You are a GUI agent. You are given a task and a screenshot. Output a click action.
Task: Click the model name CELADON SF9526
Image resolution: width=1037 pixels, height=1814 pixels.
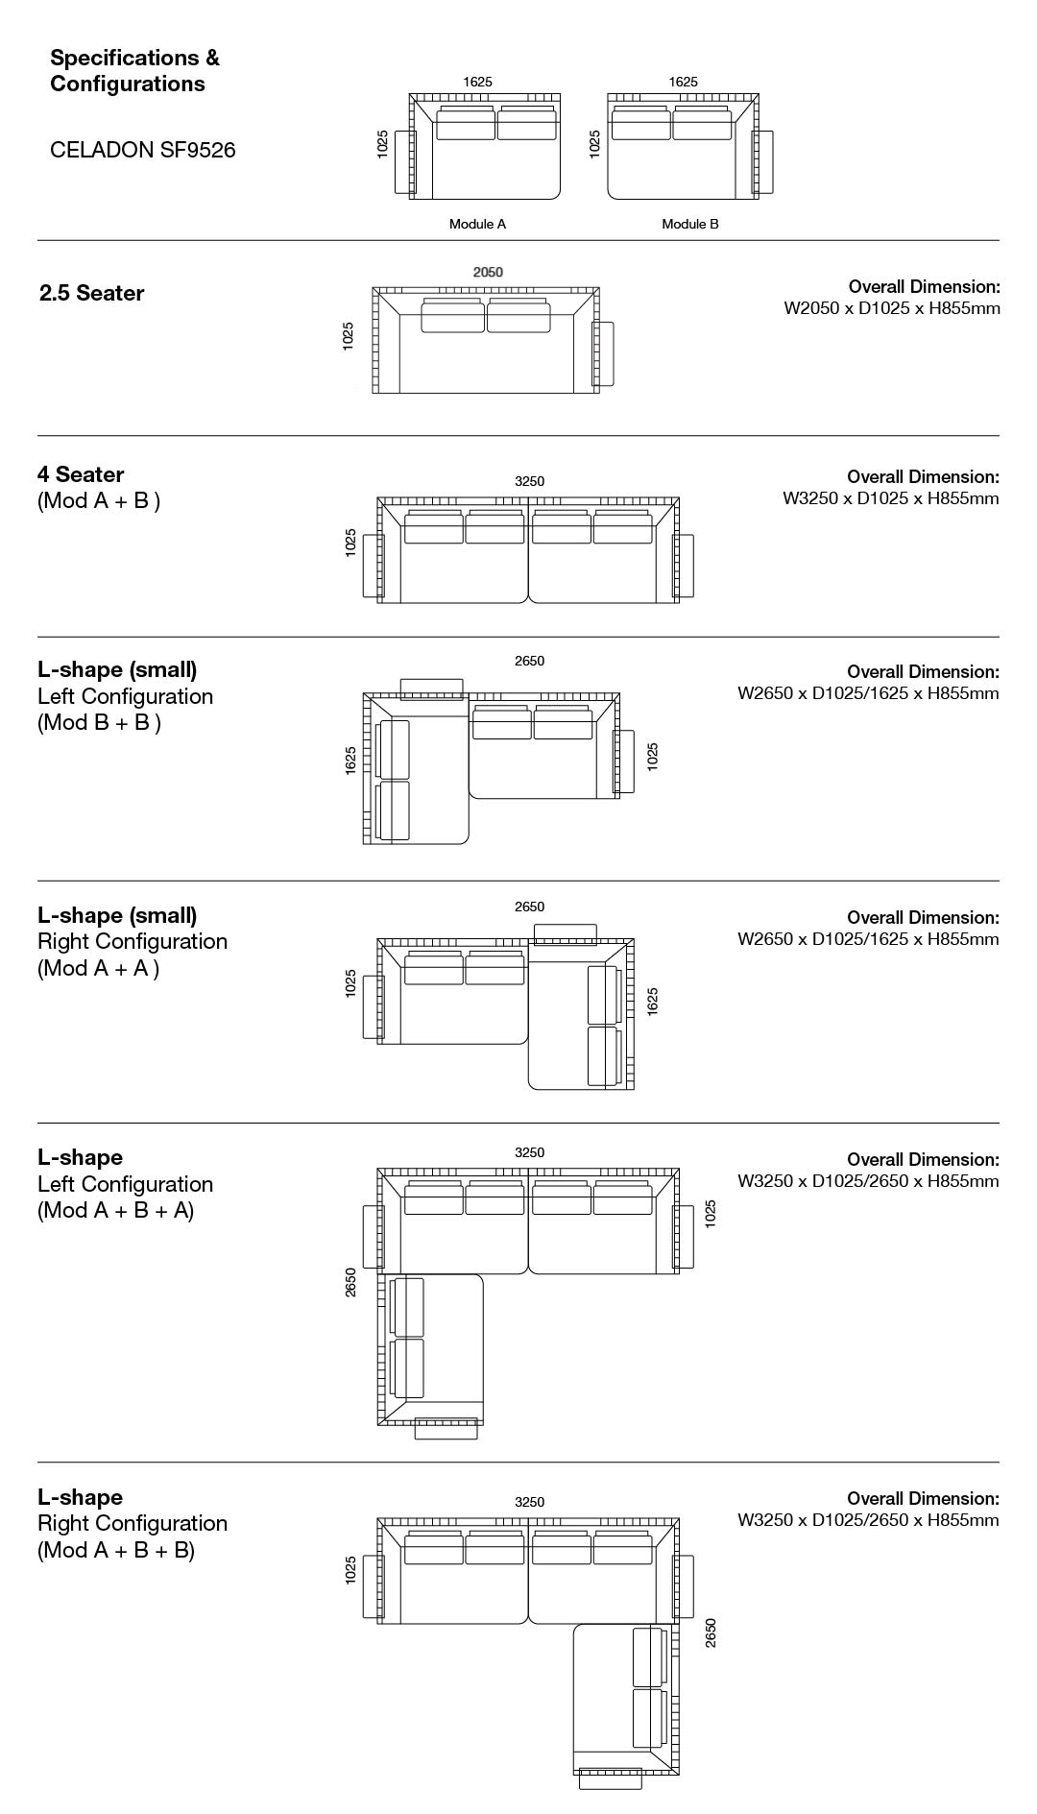pos(142,150)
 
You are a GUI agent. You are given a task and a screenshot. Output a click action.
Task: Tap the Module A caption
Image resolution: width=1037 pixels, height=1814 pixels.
pos(477,224)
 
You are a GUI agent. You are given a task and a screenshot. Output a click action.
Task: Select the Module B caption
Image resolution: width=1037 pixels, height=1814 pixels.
pos(689,224)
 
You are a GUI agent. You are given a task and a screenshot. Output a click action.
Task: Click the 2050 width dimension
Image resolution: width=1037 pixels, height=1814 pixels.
pos(488,272)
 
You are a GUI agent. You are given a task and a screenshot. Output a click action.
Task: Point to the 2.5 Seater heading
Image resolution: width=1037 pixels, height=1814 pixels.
pos(91,294)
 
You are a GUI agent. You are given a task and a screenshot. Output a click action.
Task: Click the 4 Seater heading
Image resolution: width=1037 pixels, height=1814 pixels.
pos(81,474)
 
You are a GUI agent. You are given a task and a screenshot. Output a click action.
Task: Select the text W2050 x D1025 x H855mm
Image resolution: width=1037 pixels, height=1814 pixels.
pos(892,308)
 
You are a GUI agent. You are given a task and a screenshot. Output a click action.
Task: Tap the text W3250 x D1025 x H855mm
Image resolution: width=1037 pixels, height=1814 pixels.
pos(891,498)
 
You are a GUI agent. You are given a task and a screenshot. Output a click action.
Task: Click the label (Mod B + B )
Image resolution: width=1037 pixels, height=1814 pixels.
pos(99,722)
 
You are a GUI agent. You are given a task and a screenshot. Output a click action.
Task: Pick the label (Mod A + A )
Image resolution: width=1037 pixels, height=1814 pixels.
pos(98,968)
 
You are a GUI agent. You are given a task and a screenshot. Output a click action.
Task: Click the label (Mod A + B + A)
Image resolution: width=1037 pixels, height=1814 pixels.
pos(115,1210)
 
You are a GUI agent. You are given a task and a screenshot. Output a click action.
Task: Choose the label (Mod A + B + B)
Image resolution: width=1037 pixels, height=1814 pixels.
pos(115,1550)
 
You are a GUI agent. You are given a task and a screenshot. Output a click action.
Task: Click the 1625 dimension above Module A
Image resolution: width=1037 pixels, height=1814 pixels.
pos(477,83)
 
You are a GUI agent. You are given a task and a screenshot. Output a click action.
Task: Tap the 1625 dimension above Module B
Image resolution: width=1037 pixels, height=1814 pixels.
pos(683,83)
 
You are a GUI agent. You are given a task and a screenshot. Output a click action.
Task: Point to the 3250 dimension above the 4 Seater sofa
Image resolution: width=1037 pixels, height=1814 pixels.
pos(529,481)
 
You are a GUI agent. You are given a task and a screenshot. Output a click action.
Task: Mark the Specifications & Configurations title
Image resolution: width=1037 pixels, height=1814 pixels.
pos(134,71)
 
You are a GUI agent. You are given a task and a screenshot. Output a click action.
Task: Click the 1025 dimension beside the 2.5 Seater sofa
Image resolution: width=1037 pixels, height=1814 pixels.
pos(349,335)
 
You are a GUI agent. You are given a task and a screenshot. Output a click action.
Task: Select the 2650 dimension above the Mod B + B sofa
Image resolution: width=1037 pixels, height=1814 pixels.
pos(529,661)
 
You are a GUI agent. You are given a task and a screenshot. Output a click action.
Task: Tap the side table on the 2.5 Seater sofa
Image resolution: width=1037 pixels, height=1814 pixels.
pos(604,354)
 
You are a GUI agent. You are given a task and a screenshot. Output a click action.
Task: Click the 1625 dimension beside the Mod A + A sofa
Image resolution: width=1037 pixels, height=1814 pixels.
pos(653,1002)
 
